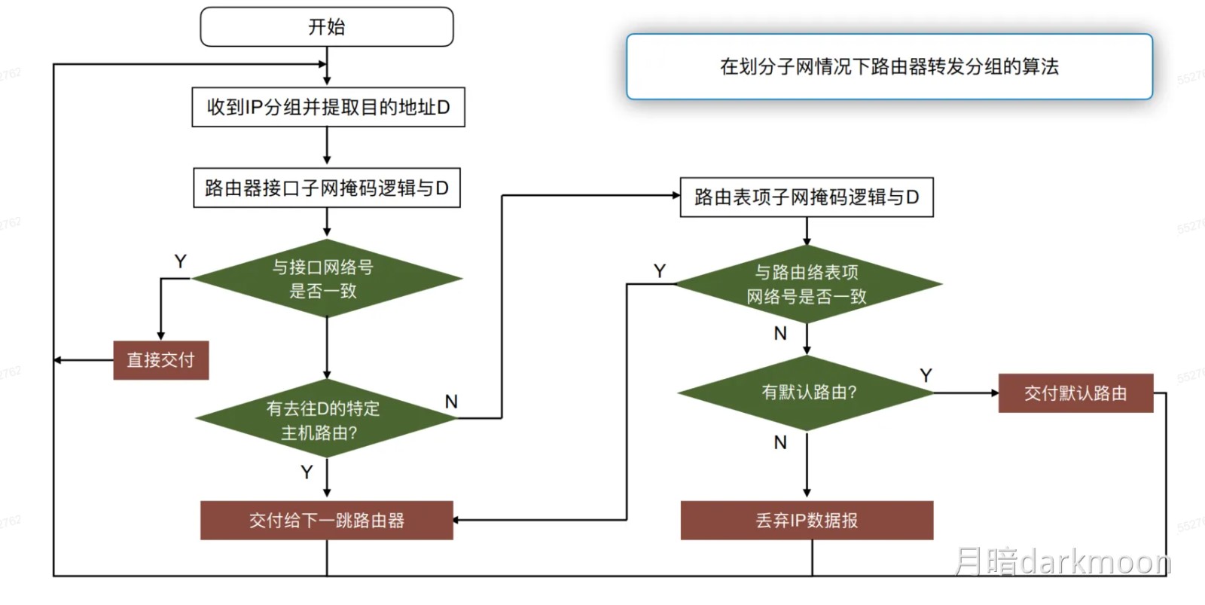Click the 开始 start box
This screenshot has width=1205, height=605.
click(326, 27)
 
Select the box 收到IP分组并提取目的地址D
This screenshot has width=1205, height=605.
click(328, 107)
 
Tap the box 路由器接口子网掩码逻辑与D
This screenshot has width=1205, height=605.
click(326, 188)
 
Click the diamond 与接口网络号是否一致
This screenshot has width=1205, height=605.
click(326, 279)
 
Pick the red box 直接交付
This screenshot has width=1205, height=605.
click(160, 360)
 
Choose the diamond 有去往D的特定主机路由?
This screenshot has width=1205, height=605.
click(325, 419)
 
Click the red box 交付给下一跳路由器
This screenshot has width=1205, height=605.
click(326, 521)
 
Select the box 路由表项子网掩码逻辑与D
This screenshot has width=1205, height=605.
click(806, 197)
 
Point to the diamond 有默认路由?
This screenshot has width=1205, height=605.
click(807, 393)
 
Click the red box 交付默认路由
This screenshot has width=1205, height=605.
click(1075, 393)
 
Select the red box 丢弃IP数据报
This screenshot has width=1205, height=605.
click(807, 521)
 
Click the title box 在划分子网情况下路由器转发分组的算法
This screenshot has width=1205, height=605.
click(889, 66)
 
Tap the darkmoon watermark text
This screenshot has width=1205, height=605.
click(1063, 562)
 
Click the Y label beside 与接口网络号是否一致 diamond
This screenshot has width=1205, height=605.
click(181, 261)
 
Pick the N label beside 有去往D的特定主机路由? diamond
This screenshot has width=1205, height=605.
click(451, 402)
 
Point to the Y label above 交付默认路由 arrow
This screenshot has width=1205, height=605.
click(926, 375)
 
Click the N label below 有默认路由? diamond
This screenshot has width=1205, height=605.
click(780, 443)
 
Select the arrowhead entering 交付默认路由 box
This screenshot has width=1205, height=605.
click(994, 393)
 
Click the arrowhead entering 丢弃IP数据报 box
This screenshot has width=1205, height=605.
click(807, 492)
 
